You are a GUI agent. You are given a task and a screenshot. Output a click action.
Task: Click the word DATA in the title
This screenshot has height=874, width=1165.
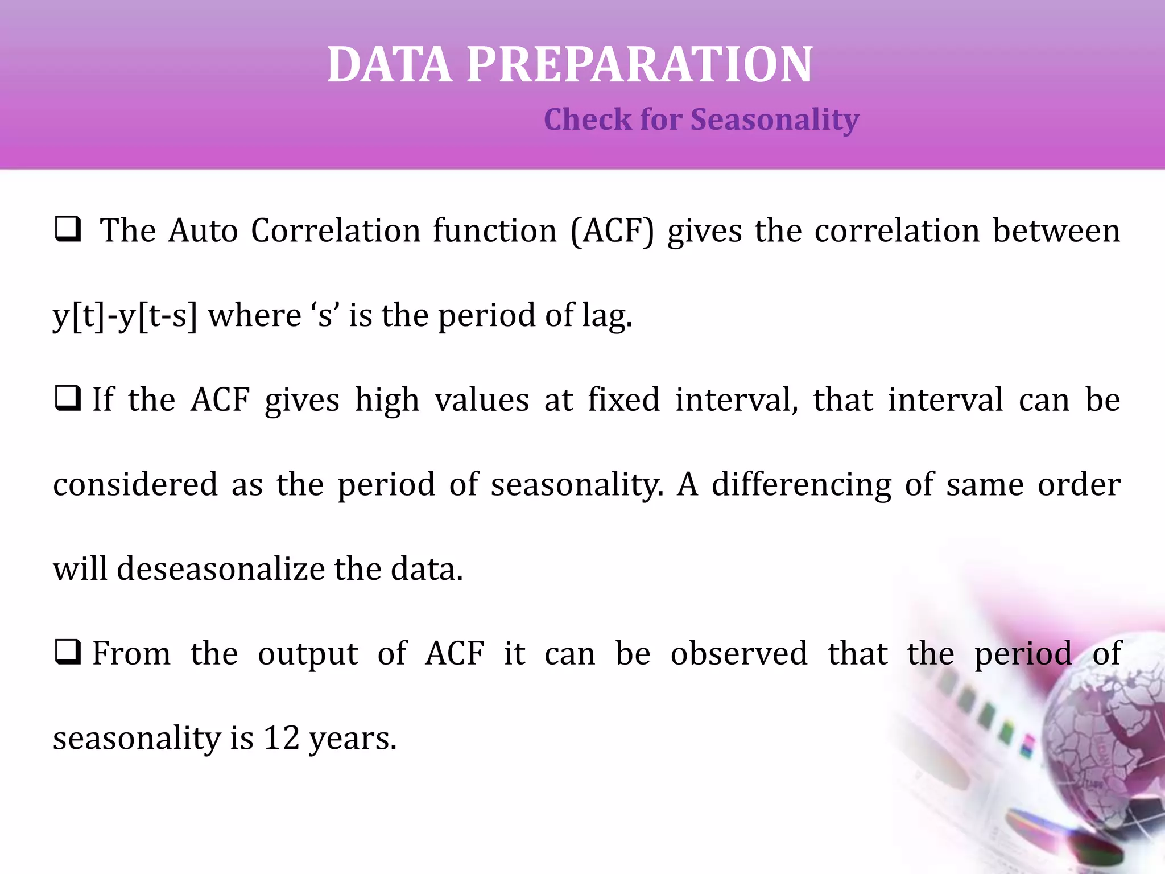pyautogui.click(x=390, y=65)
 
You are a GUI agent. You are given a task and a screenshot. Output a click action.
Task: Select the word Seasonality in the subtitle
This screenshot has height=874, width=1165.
pyautogui.click(x=774, y=120)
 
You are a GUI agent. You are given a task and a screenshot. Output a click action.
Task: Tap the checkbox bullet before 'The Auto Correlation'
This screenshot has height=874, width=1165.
pyautogui.click(x=68, y=230)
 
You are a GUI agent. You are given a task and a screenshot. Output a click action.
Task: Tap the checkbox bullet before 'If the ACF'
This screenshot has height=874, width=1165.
pyautogui.click(x=68, y=399)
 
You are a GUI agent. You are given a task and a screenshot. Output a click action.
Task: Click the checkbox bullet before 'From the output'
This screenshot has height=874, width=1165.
pyautogui.click(x=68, y=653)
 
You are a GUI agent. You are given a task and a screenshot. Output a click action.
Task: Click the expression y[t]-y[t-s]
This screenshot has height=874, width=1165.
pyautogui.click(x=125, y=316)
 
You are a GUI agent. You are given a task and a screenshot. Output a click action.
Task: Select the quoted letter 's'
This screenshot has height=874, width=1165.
pyautogui.click(x=325, y=316)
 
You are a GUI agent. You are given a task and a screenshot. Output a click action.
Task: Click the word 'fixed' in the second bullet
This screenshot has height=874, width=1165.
pyautogui.click(x=623, y=399)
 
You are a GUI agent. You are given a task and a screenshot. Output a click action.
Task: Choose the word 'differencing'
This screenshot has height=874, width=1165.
pyautogui.click(x=802, y=485)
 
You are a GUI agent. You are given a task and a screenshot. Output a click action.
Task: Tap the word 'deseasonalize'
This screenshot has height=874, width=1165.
pyautogui.click(x=221, y=569)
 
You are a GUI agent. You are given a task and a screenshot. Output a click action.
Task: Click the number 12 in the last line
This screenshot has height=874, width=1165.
pyautogui.click(x=281, y=738)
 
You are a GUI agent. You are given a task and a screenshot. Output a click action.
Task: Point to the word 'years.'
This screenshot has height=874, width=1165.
pyautogui.click(x=353, y=739)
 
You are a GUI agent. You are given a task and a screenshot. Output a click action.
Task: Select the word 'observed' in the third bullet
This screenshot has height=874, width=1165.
pyautogui.click(x=739, y=653)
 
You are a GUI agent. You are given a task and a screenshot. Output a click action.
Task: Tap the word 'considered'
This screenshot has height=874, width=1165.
pyautogui.click(x=135, y=485)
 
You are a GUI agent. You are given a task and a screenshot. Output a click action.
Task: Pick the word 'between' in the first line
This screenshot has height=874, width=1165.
pyautogui.click(x=1056, y=231)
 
